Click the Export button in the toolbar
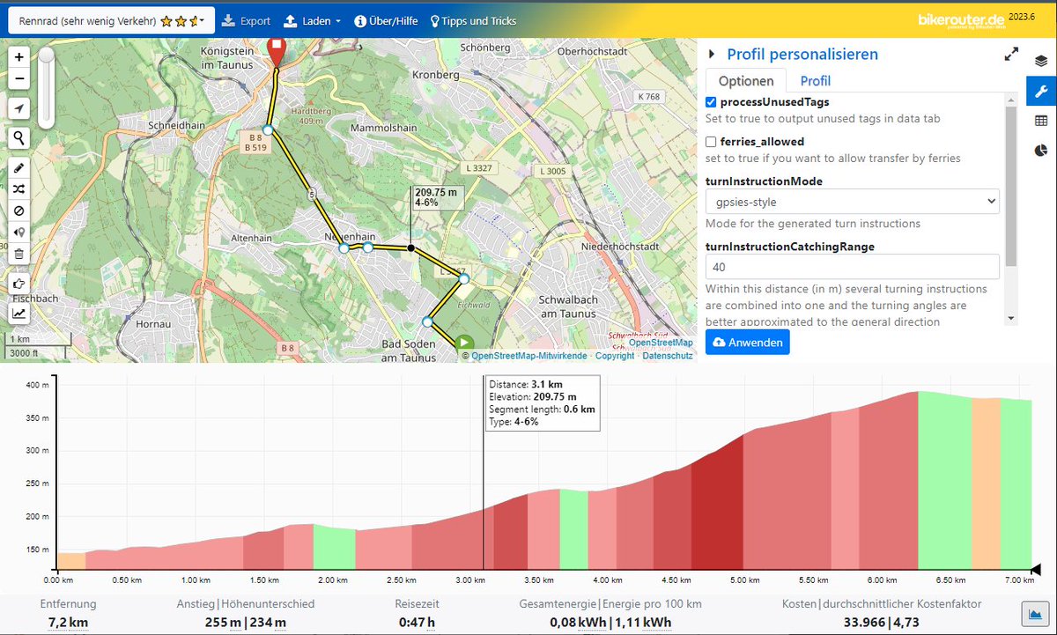click(x=246, y=21)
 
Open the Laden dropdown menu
click(x=312, y=21)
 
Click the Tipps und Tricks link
click(x=473, y=21)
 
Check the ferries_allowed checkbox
click(x=711, y=142)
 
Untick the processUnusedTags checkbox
click(x=711, y=103)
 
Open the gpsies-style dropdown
click(x=852, y=202)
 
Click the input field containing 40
click(x=852, y=266)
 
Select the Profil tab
click(x=815, y=81)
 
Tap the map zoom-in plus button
click(x=19, y=56)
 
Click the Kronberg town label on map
click(x=441, y=75)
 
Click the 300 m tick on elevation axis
click(x=35, y=450)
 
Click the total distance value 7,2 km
click(x=68, y=623)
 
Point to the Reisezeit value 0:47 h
click(x=417, y=623)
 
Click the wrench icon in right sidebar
click(x=1040, y=91)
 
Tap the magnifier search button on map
click(x=19, y=137)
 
